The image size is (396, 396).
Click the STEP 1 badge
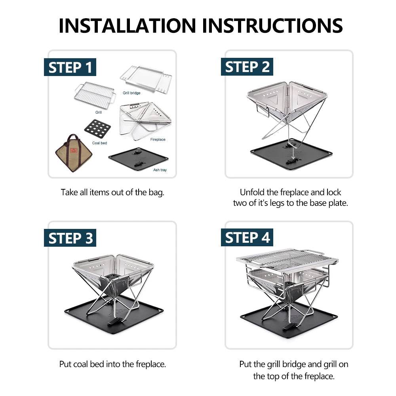pyautogui.click(x=70, y=67)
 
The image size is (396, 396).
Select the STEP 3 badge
pyautogui.click(x=70, y=238)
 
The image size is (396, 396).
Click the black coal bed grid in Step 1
pyautogui.click(x=97, y=129)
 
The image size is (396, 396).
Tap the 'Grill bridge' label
pyautogui.click(x=131, y=93)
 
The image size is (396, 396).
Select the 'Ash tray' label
pyautogui.click(x=160, y=170)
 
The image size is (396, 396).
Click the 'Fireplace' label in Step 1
pyautogui.click(x=158, y=140)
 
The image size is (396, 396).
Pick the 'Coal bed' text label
pyautogui.click(x=99, y=143)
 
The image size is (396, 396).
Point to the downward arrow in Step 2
pyautogui.click(x=293, y=152)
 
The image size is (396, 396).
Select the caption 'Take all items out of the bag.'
pyautogui.click(x=112, y=193)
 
